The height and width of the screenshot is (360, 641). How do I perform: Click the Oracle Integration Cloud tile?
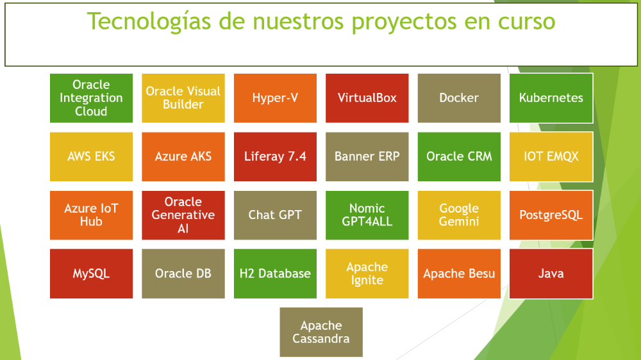(x=91, y=98)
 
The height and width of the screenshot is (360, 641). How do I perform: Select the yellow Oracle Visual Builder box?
(x=183, y=98)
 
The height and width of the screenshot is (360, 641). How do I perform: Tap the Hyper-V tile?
(x=275, y=98)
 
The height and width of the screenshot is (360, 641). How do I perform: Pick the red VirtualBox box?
(x=367, y=98)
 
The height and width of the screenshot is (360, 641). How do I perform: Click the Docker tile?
(x=459, y=98)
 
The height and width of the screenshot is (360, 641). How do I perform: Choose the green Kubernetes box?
(x=551, y=98)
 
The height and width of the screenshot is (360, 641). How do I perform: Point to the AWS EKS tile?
(x=91, y=156)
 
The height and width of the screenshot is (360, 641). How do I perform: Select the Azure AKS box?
(x=183, y=156)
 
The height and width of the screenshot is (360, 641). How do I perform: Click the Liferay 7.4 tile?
(x=275, y=156)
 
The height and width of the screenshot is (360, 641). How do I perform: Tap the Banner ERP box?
(x=367, y=156)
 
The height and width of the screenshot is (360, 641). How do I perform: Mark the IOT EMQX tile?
(x=551, y=156)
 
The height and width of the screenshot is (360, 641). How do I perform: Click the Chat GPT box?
(x=275, y=215)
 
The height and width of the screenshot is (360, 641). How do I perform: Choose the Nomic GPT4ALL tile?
(x=367, y=215)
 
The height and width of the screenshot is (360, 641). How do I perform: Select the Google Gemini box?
(x=459, y=215)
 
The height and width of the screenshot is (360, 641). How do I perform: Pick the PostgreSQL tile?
(x=551, y=215)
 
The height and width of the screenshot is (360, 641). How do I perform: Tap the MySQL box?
(x=91, y=274)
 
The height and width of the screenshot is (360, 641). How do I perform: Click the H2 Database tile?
(x=275, y=274)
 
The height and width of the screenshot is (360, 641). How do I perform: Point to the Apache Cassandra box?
(x=321, y=332)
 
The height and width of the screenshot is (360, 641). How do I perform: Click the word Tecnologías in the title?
(x=149, y=22)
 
